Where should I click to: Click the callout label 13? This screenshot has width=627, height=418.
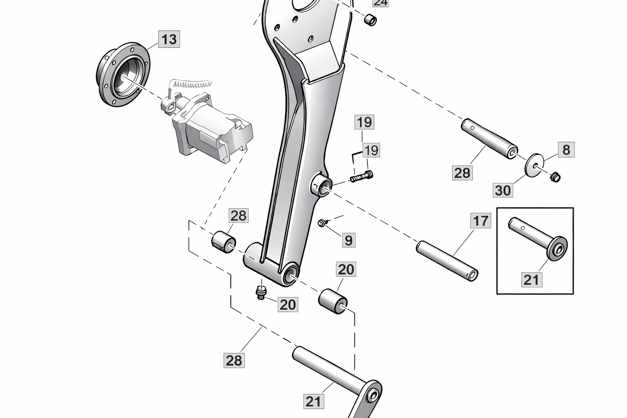click(169, 40)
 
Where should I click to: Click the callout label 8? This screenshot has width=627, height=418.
click(566, 150)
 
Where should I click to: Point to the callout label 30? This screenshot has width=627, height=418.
click(503, 190)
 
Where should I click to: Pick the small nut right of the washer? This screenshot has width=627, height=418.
click(555, 177)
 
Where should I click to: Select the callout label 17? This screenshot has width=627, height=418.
click(480, 221)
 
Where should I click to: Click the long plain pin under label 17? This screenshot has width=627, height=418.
click(447, 260)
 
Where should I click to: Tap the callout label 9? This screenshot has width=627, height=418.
click(348, 240)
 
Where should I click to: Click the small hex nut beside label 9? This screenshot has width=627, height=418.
click(322, 223)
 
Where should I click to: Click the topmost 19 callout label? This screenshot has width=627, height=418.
click(365, 122)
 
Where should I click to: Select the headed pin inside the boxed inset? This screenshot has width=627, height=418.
click(538, 238)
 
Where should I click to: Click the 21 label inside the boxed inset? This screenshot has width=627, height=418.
click(531, 280)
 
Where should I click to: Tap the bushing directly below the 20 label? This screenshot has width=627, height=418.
click(333, 302)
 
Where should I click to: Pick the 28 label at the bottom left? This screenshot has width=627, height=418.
click(234, 360)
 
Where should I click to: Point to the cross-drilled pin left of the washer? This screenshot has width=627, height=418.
click(489, 139)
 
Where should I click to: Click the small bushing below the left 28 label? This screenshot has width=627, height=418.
click(223, 242)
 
